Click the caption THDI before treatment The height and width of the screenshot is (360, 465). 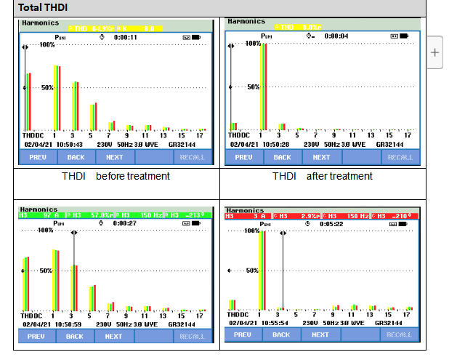(116, 176)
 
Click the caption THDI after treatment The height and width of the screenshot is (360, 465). (322, 176)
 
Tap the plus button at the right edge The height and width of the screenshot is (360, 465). (434, 52)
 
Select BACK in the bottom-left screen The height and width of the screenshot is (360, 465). (75, 337)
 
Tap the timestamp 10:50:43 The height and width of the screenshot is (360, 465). (69, 145)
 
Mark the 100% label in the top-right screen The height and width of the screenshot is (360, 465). (253, 44)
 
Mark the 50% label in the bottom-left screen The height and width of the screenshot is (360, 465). (46, 271)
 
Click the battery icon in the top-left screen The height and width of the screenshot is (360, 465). (187, 37)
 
